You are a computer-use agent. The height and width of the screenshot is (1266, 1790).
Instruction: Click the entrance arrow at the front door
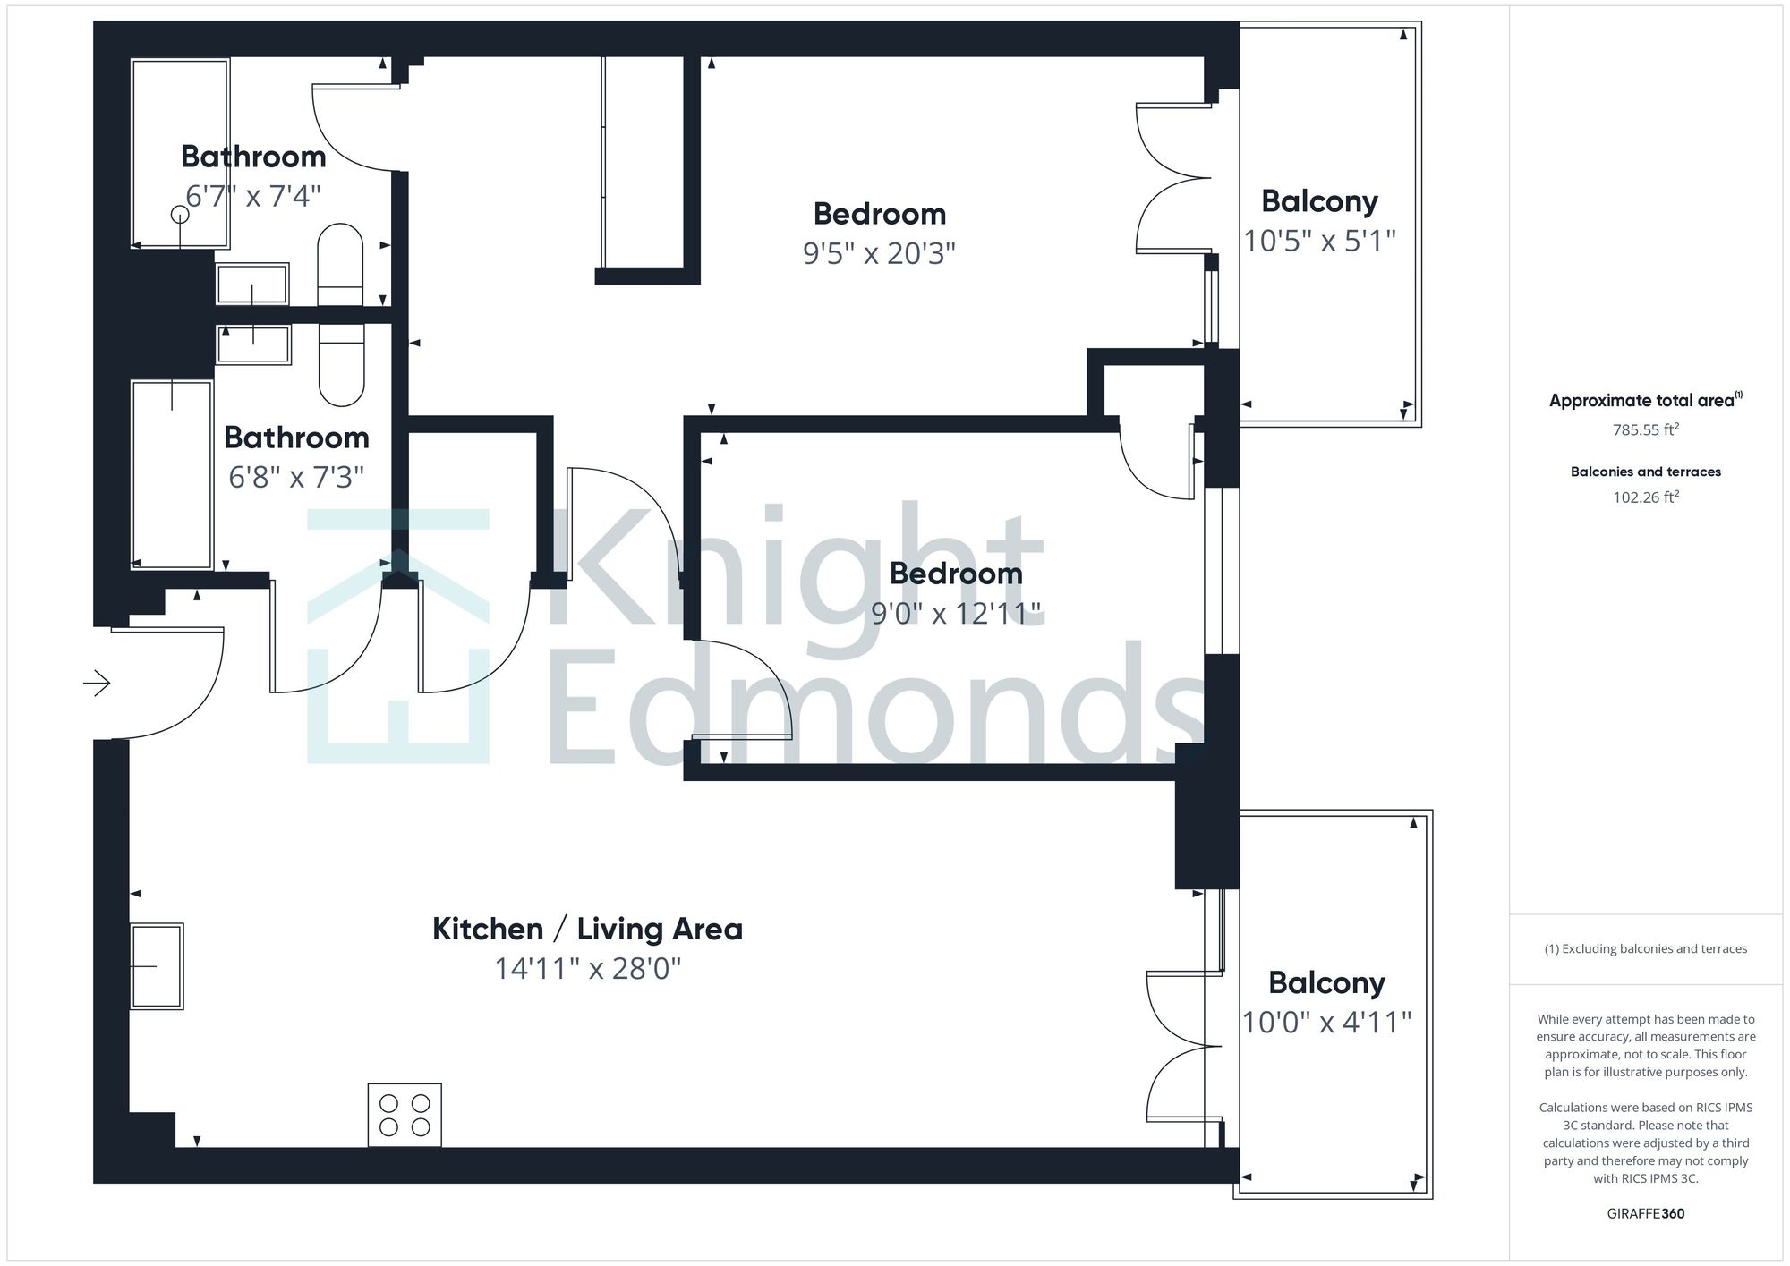[97, 684]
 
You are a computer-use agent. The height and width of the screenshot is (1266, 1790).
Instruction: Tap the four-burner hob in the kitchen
[405, 1115]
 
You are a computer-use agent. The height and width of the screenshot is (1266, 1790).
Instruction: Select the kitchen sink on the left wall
[157, 966]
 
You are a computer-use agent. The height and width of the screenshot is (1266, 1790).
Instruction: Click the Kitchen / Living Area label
[587, 929]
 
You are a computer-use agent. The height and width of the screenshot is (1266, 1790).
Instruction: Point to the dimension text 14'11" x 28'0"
[588, 969]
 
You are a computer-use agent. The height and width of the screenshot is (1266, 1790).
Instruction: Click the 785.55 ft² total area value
[1645, 429]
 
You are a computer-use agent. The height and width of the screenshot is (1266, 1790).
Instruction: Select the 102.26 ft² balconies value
[1645, 497]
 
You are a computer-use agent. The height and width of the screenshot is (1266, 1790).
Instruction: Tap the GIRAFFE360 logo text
[1645, 1214]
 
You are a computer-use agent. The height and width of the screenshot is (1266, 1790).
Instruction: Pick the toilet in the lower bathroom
[342, 365]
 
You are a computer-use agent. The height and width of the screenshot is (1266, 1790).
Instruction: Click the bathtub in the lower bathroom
[172, 474]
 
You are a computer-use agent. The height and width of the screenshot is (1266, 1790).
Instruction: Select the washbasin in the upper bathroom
[252, 285]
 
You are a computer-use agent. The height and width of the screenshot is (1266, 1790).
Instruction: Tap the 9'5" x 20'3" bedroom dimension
[879, 254]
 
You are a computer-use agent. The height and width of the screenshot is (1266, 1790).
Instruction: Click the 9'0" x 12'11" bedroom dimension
[956, 614]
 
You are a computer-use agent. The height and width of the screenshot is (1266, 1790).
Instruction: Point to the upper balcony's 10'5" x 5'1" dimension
[1319, 241]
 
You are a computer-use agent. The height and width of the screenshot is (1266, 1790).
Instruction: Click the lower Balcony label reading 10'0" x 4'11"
[1326, 983]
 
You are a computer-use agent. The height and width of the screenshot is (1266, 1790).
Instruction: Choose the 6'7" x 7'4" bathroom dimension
[253, 196]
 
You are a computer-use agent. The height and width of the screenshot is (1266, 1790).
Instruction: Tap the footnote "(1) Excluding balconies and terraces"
[1645, 949]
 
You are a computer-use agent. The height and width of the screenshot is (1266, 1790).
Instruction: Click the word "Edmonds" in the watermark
[873, 707]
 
